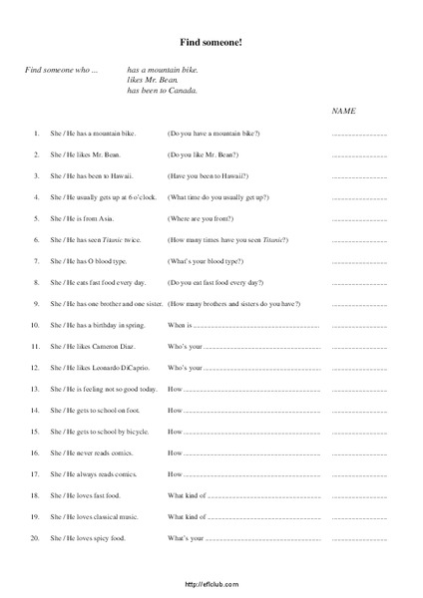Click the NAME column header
[x=344, y=110]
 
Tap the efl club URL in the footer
[x=211, y=585]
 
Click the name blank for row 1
[x=358, y=133]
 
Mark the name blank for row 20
[x=358, y=538]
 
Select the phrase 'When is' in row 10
[x=179, y=325]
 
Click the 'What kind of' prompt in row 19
[x=187, y=517]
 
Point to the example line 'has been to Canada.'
[x=163, y=91]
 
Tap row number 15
[x=35, y=432]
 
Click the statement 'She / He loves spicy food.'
[x=96, y=538]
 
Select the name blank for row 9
[x=358, y=304]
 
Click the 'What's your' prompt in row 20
[x=186, y=538]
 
